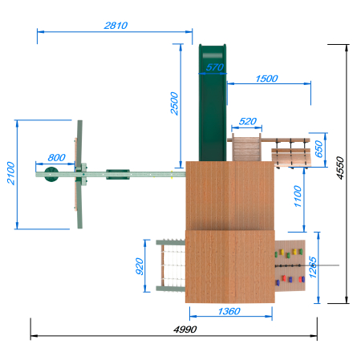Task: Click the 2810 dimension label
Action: [x=116, y=26]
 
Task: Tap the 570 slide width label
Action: [x=215, y=67]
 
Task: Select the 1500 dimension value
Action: [x=266, y=79]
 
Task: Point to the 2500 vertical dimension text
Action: [x=174, y=103]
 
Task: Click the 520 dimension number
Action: [x=248, y=121]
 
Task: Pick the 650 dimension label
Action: [x=318, y=149]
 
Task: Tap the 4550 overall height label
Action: [x=340, y=168]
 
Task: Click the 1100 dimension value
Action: [x=298, y=196]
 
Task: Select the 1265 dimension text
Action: [x=313, y=267]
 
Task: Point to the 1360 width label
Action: [x=229, y=311]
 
